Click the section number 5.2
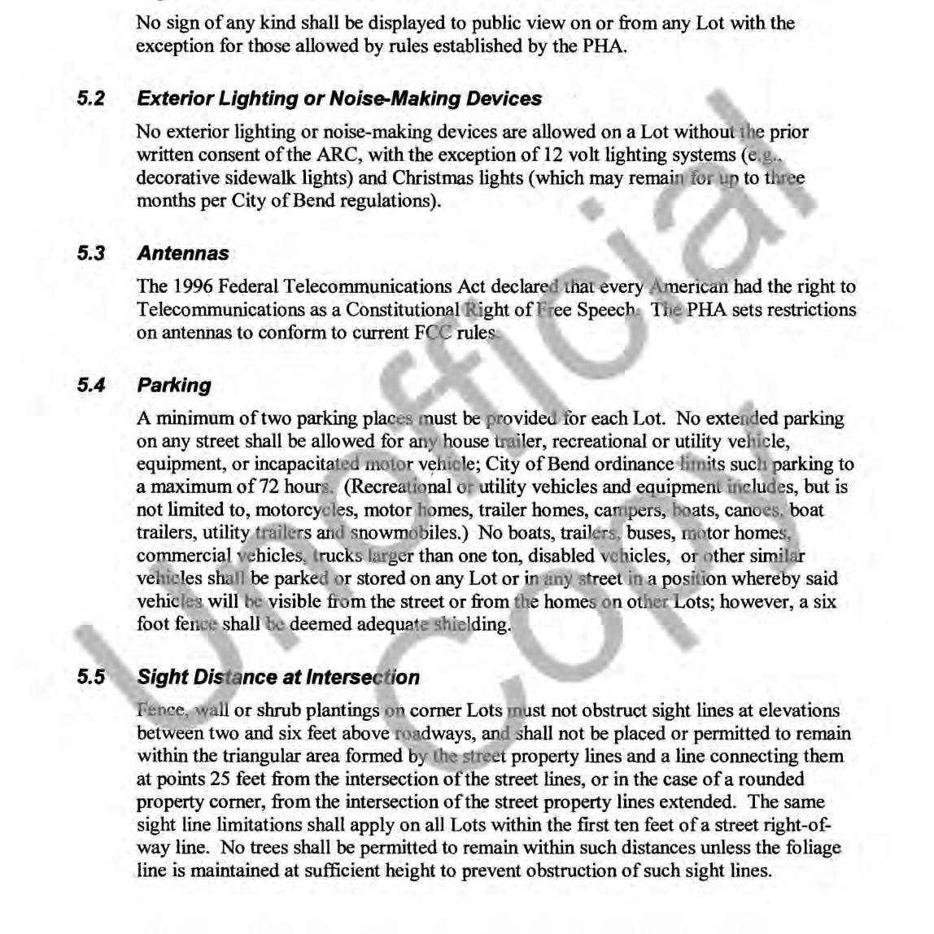click(x=91, y=99)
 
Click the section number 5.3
click(x=91, y=254)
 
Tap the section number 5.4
click(x=91, y=386)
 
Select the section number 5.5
click(x=91, y=678)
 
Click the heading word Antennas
click(x=183, y=254)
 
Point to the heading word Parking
click(x=174, y=386)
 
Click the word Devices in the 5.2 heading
click(x=504, y=99)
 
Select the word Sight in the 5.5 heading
click(x=163, y=678)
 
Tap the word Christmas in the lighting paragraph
click(x=433, y=178)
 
